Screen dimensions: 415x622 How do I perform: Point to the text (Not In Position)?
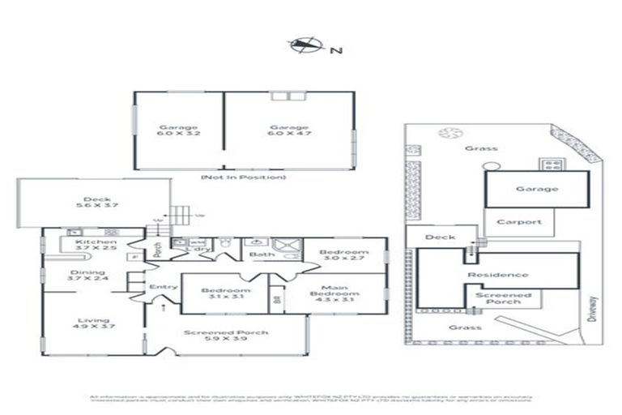click(x=243, y=176)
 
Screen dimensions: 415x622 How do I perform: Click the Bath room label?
click(x=262, y=255)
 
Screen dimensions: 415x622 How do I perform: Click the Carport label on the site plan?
click(x=518, y=221)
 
